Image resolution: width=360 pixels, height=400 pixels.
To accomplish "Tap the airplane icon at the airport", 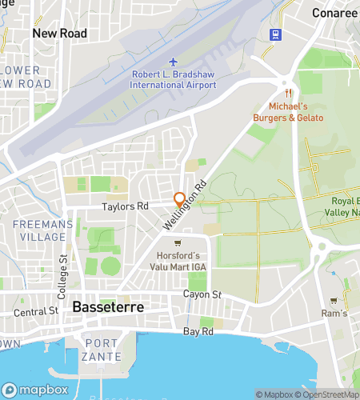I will click(x=174, y=62).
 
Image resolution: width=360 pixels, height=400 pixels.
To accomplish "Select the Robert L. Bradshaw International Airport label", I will click(x=174, y=80).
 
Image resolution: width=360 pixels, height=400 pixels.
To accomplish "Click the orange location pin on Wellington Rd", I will click(x=180, y=200).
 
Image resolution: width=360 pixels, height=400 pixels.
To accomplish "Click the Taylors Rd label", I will click(x=125, y=206).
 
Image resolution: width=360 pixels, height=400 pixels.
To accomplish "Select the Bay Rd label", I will click(x=198, y=330).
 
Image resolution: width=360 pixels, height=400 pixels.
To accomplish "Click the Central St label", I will click(x=37, y=312).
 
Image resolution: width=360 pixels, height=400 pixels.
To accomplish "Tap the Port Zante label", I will click(x=102, y=350).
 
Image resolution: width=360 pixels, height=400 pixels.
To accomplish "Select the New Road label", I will click(x=59, y=34).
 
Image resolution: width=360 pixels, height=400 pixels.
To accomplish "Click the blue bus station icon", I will click(x=276, y=34).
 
